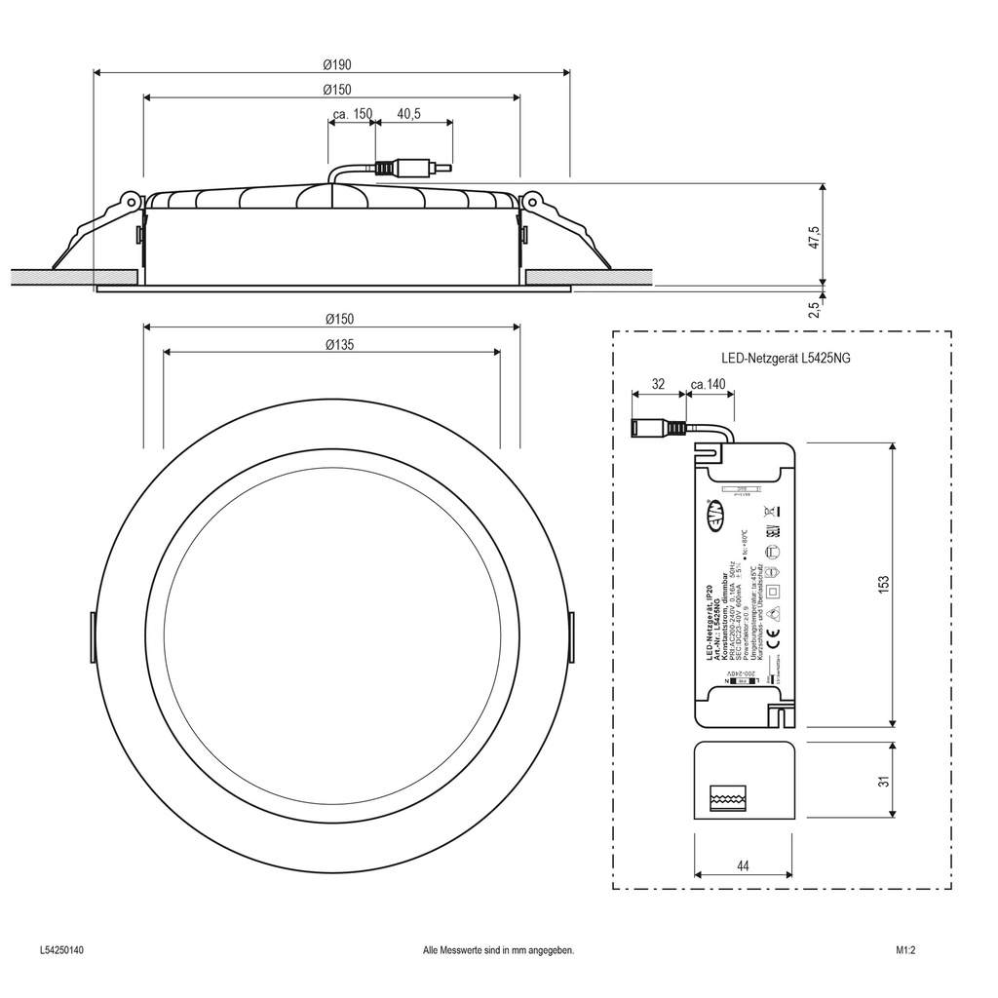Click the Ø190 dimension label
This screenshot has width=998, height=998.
coord(337,64)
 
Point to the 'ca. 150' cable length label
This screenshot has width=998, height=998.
coord(352,115)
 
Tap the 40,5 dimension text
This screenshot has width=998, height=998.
coord(408,115)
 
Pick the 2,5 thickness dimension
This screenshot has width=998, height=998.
coord(814,309)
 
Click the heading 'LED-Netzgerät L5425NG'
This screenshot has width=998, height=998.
coord(786,359)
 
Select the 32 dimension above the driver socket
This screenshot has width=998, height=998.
coord(658,385)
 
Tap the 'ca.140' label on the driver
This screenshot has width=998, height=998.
coord(709,385)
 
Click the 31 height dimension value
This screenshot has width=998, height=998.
coord(884,783)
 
